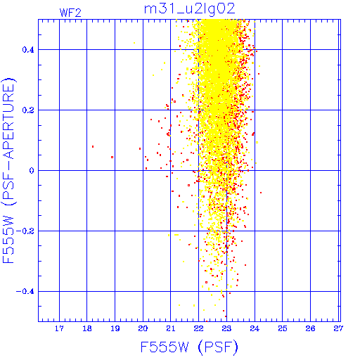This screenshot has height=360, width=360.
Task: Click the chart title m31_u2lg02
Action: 189,10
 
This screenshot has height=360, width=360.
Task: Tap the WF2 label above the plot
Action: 70,13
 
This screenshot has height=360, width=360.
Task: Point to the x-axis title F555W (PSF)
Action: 189,347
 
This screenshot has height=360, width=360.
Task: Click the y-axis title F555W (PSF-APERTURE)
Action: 9,170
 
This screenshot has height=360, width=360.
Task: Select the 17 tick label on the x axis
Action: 59,328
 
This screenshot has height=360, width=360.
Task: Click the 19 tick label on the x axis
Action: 115,328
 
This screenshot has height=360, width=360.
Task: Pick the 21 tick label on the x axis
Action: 171,328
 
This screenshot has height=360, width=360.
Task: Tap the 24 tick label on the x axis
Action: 255,328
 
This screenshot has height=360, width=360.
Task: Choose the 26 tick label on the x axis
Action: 310,328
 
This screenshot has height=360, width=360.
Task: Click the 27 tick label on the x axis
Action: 338,328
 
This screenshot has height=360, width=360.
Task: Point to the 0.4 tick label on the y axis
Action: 28,50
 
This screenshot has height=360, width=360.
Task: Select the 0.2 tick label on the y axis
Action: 28,110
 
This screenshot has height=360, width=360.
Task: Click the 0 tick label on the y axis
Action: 32,171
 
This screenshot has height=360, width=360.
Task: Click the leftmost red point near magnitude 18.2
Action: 93,147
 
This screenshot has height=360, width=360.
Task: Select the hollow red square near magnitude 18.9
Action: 112,157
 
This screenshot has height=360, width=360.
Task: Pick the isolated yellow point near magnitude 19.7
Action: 134,43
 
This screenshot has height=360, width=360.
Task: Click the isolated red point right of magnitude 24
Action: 261,193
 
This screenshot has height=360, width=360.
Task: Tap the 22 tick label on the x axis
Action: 198,328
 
